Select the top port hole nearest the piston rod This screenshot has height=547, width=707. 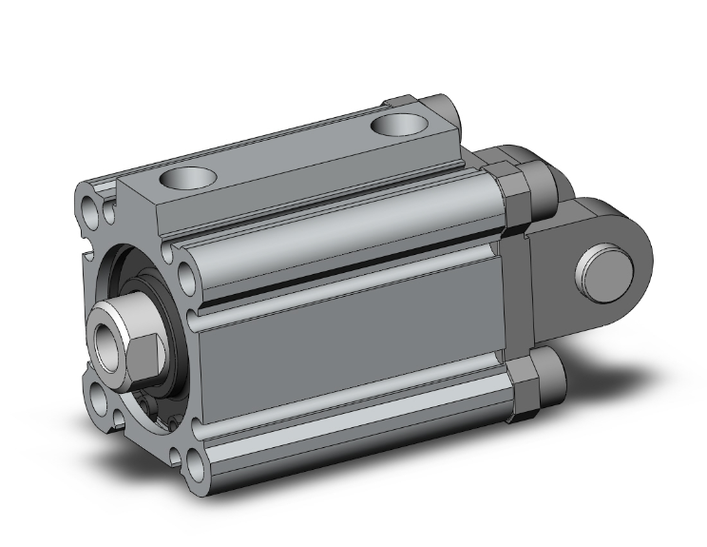pos(188,177)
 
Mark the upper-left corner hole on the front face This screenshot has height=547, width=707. pos(91,207)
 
